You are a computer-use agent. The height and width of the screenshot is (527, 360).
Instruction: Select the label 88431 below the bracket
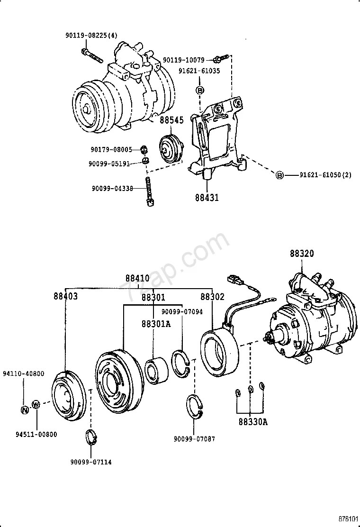[206, 197]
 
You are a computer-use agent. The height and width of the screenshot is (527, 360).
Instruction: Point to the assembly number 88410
[137, 278]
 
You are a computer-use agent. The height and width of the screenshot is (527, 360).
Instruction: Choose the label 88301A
[153, 324]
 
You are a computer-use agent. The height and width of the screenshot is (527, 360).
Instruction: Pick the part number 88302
[212, 297]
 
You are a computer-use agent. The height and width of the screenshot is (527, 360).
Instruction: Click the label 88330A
[253, 421]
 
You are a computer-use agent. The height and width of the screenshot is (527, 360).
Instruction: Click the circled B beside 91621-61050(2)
[279, 175]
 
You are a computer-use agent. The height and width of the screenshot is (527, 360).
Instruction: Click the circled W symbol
[36, 404]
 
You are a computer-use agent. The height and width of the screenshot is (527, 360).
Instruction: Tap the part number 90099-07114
[91, 461]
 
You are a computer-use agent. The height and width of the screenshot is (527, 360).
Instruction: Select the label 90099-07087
[195, 439]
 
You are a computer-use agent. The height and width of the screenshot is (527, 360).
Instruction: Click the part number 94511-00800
[36, 434]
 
